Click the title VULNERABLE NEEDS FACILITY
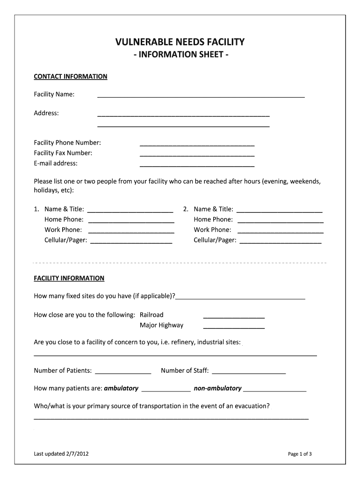[180, 43]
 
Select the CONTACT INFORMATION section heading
[71, 76]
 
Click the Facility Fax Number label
[63, 153]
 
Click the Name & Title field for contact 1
[130, 210]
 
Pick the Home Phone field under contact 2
[281, 220]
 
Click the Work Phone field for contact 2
[281, 231]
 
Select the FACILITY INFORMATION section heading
[69, 278]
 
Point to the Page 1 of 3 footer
[300, 454]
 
